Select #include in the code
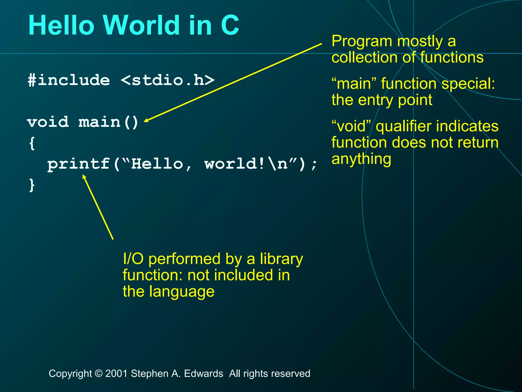point(69,80)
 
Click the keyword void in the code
point(48,122)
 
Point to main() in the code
point(108,122)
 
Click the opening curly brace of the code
point(32,143)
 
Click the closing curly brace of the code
point(32,185)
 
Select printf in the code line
point(79,164)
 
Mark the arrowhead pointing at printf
point(84,176)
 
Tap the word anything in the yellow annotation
point(361,159)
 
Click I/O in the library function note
point(133,259)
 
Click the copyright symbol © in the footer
point(98,374)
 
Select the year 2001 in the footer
point(116,374)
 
